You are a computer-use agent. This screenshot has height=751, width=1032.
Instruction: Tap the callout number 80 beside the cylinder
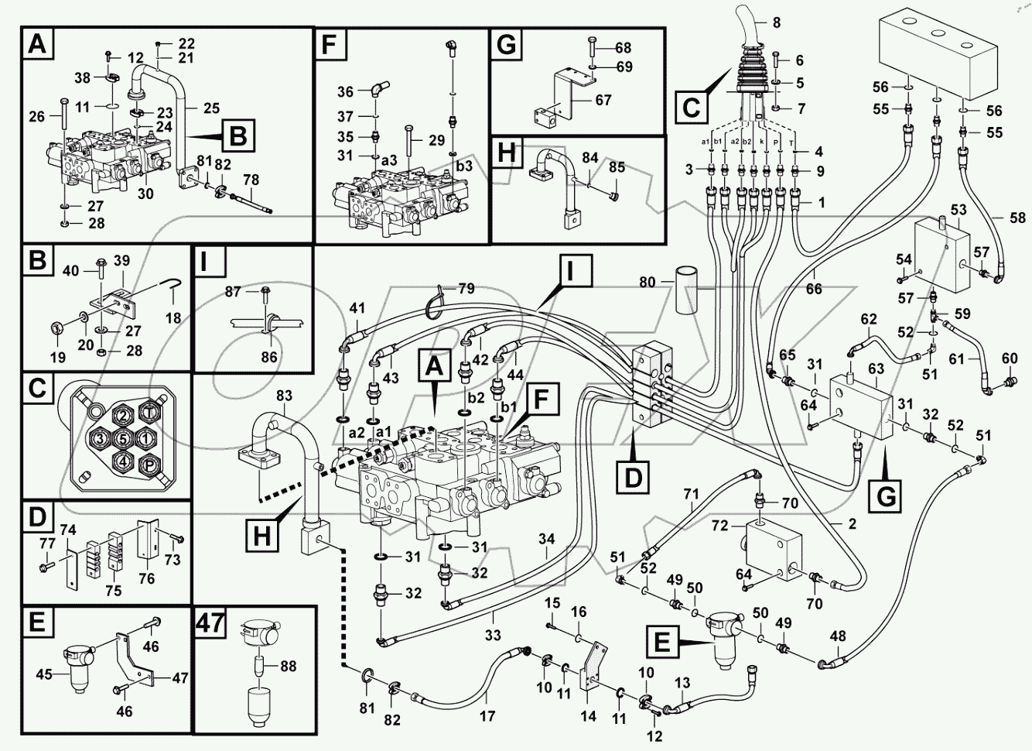click(646, 283)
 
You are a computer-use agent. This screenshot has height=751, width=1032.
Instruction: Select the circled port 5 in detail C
click(121, 439)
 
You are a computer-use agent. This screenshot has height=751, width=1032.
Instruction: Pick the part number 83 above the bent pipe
click(284, 396)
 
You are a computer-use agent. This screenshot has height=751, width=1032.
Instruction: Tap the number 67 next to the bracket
click(603, 100)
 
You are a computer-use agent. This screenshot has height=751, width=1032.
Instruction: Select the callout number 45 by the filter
click(43, 674)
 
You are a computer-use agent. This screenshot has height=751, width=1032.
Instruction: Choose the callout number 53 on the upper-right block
click(959, 210)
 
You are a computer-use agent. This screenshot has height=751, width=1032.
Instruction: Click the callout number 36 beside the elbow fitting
click(345, 91)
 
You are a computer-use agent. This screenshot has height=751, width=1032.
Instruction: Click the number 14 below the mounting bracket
click(589, 716)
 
